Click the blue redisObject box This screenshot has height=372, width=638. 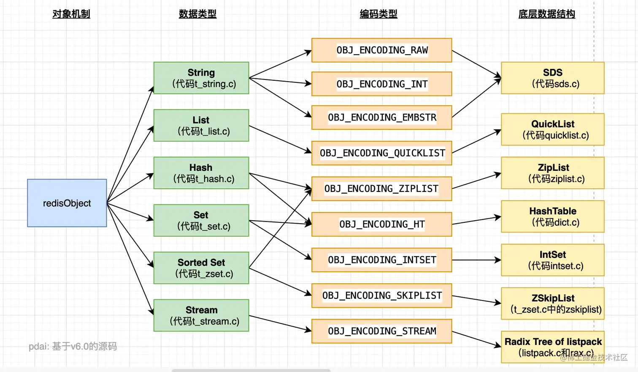pos(67,203)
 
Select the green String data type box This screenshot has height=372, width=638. pos(201,78)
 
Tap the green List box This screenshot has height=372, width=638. pos(201,126)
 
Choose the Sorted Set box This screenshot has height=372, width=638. pos(201,268)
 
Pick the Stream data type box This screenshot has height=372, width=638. pos(201,315)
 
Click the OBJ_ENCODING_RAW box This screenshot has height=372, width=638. pos(381,50)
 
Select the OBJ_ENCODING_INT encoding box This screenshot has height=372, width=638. pos(381,84)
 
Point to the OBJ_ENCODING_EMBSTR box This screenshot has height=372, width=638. pos(381,118)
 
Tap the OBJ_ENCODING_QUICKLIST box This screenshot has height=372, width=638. pos(381,153)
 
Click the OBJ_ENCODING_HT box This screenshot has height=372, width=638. pos(381,224)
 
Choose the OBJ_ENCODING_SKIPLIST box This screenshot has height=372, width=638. pos(381,295)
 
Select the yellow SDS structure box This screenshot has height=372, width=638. pos(552,78)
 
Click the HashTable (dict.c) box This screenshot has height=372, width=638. pos(552,216)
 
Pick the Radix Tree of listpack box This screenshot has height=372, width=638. pos(552,347)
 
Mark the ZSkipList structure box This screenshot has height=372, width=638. pos(552,304)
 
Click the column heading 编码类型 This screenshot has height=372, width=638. pos(378,14)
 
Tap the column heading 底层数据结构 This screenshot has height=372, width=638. pos(546,14)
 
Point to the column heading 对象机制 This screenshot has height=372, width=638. pos(71,14)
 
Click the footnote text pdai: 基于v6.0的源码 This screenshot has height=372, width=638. pos(73,347)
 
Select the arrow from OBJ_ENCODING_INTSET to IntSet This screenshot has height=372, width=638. pos(476,260)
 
